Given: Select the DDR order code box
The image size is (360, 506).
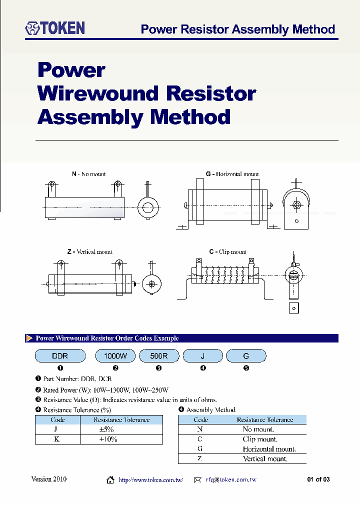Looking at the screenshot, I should [59, 356].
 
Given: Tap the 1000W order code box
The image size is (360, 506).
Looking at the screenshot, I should [115, 356].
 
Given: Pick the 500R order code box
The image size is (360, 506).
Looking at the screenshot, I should [158, 356].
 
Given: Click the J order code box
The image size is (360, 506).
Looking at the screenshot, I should [202, 356].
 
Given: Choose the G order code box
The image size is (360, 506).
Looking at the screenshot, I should [246, 356].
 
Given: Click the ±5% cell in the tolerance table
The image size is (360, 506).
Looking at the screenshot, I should [107, 429].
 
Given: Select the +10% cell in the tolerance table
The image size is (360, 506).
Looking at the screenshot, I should [107, 439].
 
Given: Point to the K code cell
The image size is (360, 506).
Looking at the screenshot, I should [57, 439].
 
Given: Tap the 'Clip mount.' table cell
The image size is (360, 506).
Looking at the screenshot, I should [260, 439].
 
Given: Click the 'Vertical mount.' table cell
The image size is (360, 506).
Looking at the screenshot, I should [265, 458].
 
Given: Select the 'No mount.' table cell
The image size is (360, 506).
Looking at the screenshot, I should [258, 429].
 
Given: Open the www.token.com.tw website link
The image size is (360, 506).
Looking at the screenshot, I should [150, 480].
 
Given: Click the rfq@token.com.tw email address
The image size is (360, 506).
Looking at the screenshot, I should [231, 480].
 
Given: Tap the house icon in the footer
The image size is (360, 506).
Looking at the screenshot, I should [110, 480].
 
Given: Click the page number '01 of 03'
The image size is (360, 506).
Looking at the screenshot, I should [318, 479].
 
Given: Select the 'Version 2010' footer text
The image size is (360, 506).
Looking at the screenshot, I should [49, 479].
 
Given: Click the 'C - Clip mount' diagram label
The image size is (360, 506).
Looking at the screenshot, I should [227, 252].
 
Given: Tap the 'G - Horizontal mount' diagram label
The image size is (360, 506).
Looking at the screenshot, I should [232, 174].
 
